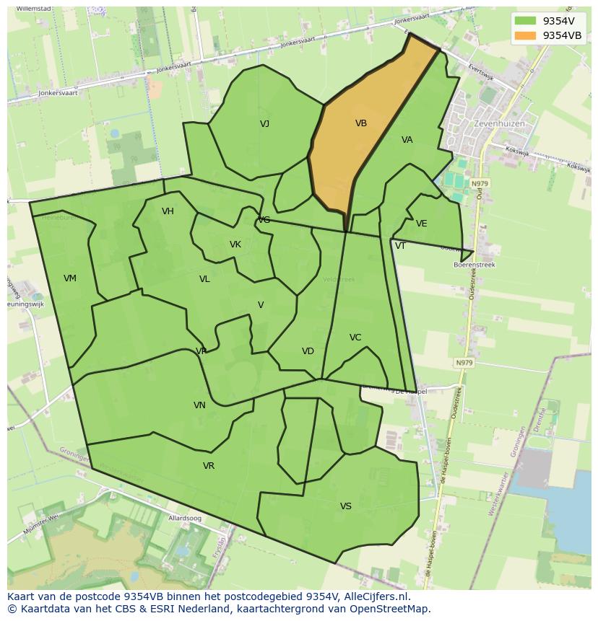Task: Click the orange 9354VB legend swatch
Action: coord(525,35)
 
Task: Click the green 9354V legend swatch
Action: coord(525,21)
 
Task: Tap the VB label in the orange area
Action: coord(361,123)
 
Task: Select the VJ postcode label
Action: coord(265,124)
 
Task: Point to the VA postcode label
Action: coord(407,140)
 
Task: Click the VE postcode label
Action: coord(422,224)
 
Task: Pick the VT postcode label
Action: coord(400,246)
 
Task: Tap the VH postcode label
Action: coord(168,211)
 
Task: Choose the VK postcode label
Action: coord(235,245)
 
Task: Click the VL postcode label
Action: coord(204,279)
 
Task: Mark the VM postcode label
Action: coord(70,278)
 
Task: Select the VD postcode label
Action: coord(308,351)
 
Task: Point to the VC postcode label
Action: coord(355,338)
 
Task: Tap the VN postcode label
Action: coord(199,405)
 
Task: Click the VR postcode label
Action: coord(209,466)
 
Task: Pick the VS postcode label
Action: coord(346,506)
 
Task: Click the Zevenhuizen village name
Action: coord(499,123)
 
